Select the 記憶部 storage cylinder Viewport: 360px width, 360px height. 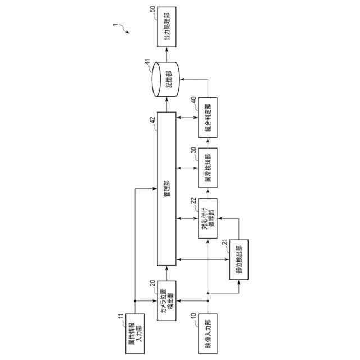tap(166, 79)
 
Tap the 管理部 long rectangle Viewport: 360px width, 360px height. tap(166, 187)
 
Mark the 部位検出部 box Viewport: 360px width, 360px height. tap(239, 259)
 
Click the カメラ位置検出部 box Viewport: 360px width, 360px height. tap(166, 300)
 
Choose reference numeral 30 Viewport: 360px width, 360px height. tap(193, 150)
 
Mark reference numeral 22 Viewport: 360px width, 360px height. tap(193, 201)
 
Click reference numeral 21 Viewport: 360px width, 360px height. tap(224, 242)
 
